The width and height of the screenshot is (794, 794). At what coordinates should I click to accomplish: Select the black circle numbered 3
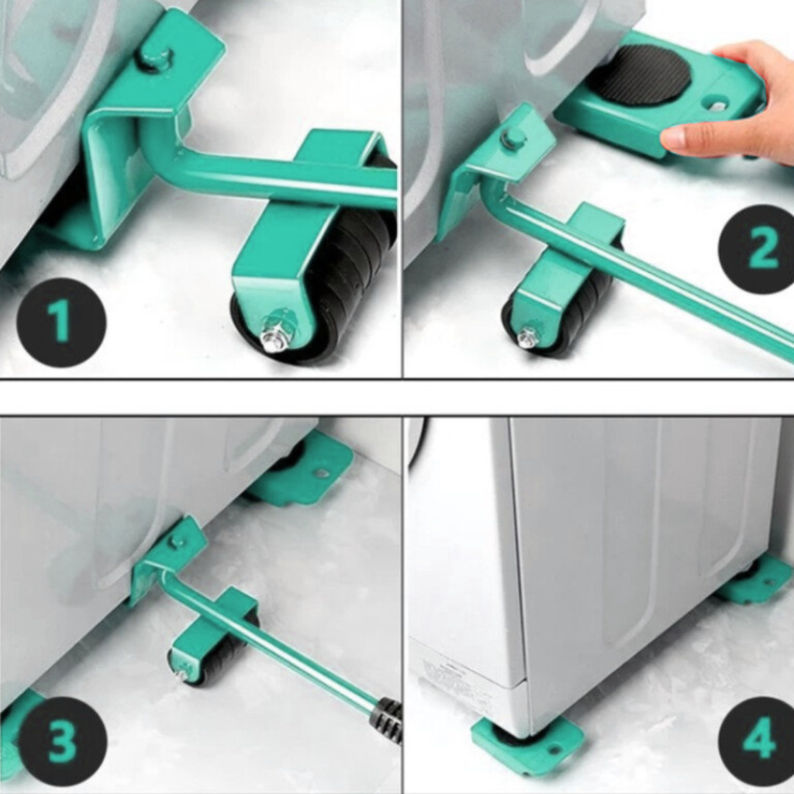(62, 741)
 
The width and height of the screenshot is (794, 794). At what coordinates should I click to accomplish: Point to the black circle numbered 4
(758, 741)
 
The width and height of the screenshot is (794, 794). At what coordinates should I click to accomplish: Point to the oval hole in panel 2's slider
(718, 105)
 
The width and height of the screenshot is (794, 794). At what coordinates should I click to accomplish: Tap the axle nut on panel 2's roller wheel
(527, 337)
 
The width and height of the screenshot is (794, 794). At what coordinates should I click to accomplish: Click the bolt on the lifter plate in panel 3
(178, 541)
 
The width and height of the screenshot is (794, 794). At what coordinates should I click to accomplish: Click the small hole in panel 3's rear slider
(322, 474)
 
